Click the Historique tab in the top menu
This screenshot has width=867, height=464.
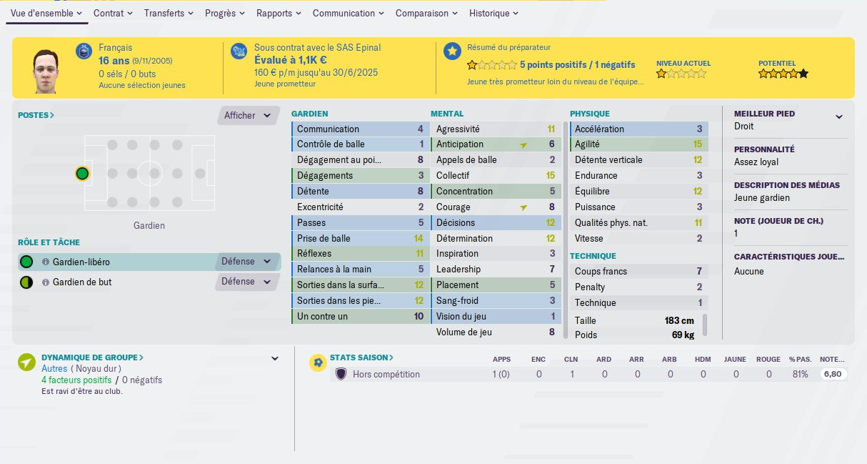point(493,13)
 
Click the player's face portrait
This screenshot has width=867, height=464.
point(44,70)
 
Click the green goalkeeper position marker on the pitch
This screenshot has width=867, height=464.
point(82,173)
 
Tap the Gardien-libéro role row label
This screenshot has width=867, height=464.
point(81,262)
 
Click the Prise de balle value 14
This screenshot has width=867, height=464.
point(419,238)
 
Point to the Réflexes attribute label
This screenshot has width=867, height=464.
point(314,254)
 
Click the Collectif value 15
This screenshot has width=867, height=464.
point(550,176)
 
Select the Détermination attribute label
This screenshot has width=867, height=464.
point(464,238)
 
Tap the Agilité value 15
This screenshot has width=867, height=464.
point(697,144)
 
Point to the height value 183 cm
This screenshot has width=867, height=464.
point(679,321)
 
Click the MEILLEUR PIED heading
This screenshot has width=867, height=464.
point(764,114)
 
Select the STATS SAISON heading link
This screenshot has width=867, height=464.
point(361,357)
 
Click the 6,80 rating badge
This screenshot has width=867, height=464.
point(832,374)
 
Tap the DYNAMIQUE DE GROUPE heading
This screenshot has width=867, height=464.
point(92,357)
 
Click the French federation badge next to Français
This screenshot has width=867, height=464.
point(84,51)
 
